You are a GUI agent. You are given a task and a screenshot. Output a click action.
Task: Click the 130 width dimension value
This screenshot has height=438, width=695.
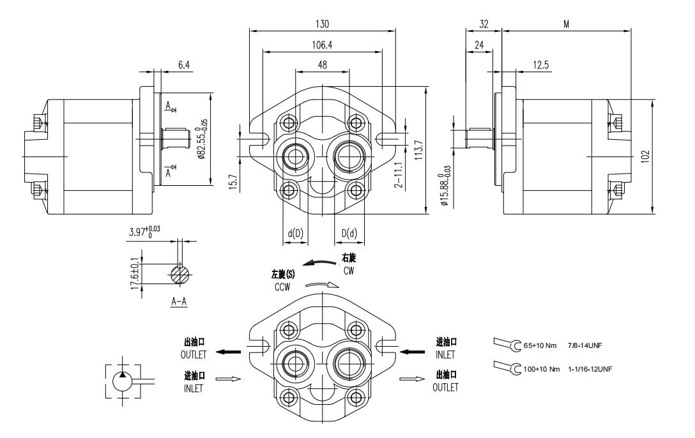click(322, 24)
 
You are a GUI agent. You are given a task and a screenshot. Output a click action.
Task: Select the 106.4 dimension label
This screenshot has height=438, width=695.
click(322, 45)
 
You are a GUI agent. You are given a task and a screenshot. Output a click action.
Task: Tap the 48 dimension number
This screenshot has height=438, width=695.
click(322, 65)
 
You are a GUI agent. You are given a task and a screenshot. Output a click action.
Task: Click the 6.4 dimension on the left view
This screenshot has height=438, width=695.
click(184, 65)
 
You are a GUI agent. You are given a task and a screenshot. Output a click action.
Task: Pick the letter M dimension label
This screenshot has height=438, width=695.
click(566, 24)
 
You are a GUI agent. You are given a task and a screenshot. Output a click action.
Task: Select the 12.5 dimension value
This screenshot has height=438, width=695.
click(541, 65)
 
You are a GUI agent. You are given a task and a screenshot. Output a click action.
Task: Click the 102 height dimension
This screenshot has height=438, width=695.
click(645, 156)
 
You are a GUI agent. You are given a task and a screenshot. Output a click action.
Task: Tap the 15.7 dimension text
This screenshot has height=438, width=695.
click(233, 182)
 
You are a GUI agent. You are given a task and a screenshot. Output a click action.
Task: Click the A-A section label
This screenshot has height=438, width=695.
click(179, 301)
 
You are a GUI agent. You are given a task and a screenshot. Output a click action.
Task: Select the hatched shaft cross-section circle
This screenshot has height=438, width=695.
click(180, 275)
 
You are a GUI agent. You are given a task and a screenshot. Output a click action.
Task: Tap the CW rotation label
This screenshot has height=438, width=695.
click(348, 271)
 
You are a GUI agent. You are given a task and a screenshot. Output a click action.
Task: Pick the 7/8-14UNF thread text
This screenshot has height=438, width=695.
click(584, 345)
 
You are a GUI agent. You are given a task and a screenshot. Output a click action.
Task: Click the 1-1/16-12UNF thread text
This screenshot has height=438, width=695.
click(590, 369)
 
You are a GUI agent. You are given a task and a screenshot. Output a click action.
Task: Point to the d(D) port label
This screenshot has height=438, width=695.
click(295, 234)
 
